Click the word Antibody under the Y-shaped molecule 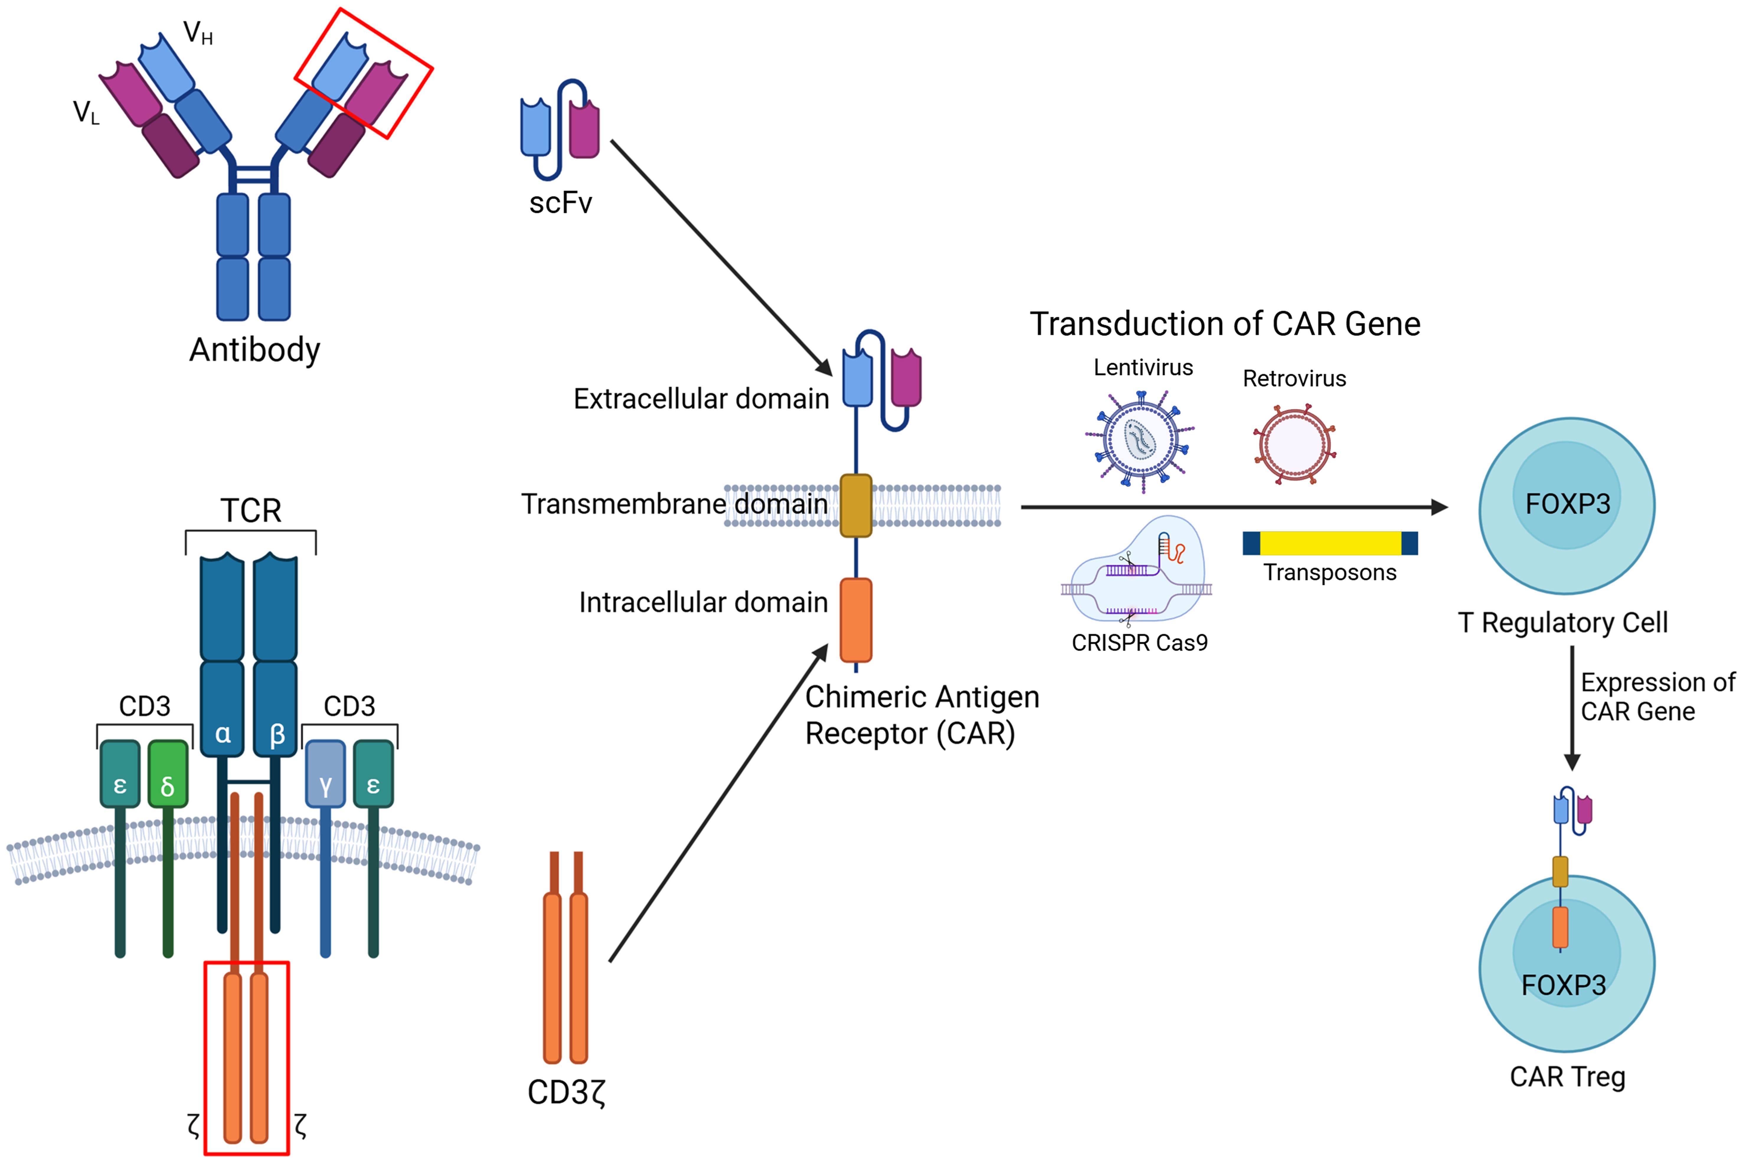254,349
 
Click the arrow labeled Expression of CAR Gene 1572,708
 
